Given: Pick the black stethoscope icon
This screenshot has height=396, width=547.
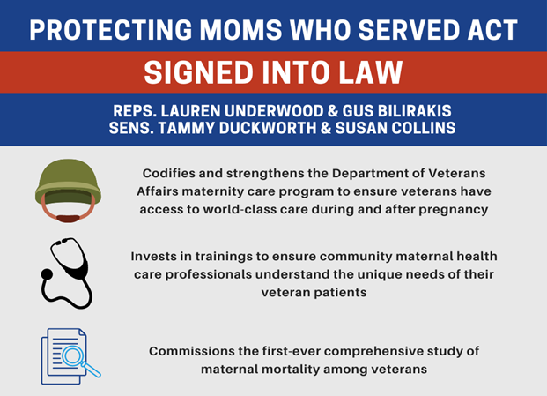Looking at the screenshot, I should click(65, 272).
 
